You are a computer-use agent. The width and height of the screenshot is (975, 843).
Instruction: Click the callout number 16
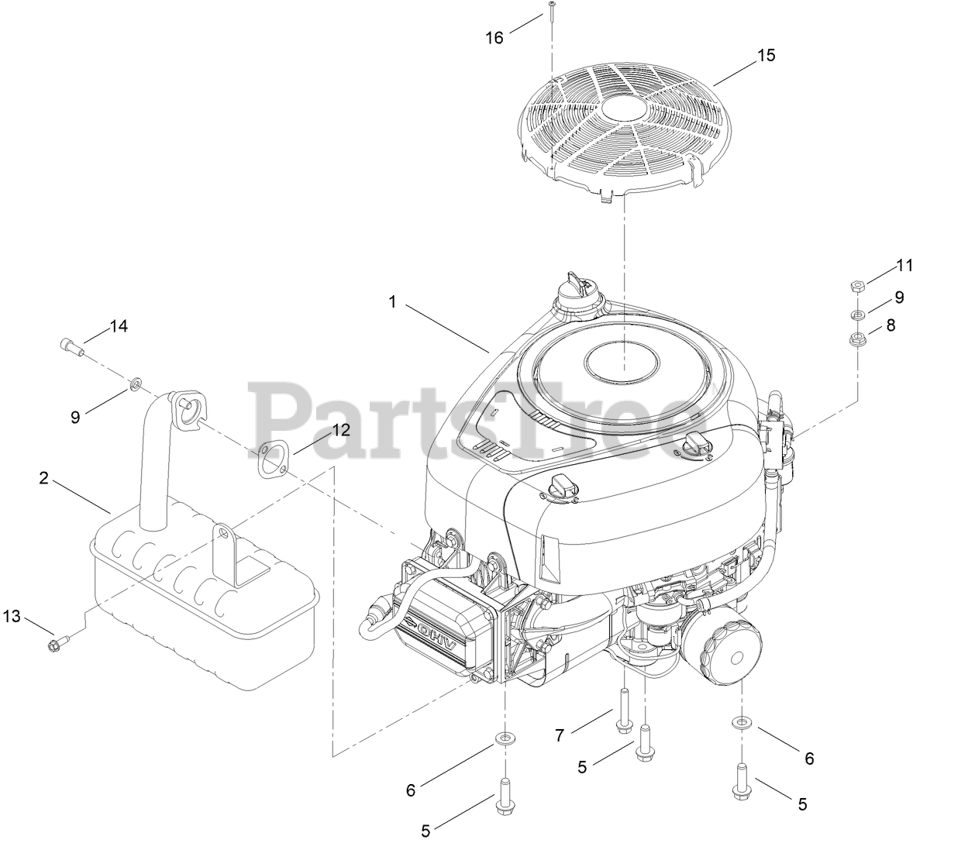(494, 38)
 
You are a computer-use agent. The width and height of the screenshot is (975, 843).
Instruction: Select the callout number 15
(766, 55)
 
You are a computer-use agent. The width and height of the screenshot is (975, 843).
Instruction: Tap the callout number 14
(119, 325)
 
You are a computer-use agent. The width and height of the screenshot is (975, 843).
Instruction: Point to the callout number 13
(12, 616)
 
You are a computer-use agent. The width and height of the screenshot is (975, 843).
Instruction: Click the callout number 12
(342, 429)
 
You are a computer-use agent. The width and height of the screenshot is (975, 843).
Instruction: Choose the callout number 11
(904, 266)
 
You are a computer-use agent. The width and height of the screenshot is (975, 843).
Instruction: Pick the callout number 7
(560, 735)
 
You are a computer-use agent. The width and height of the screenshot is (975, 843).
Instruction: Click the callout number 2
(44, 478)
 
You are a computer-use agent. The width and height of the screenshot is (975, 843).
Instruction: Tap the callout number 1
(392, 302)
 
